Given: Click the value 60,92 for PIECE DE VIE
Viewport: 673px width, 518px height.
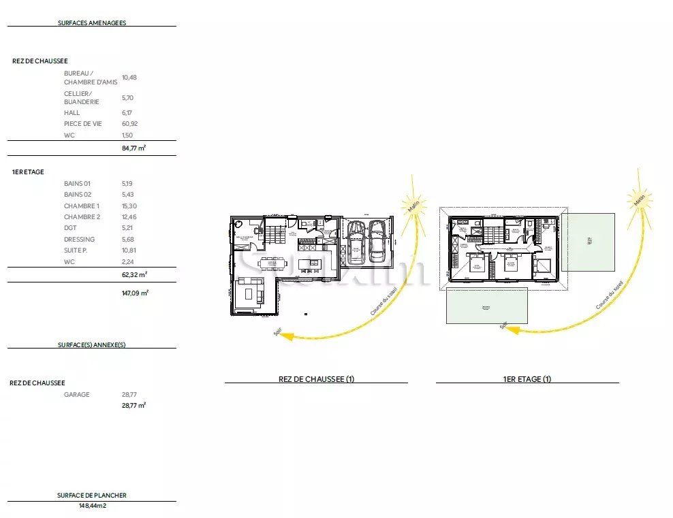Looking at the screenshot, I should click(x=129, y=124).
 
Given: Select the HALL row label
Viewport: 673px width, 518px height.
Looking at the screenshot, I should click(x=72, y=113).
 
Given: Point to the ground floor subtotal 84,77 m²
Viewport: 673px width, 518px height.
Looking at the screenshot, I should click(x=134, y=148).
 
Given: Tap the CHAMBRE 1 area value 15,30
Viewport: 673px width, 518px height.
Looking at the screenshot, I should click(x=129, y=206).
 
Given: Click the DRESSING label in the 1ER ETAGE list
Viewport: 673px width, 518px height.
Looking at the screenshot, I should click(x=79, y=239).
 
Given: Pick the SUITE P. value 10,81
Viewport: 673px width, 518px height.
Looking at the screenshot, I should click(x=129, y=250).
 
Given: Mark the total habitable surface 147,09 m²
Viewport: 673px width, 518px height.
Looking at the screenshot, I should click(x=134, y=293).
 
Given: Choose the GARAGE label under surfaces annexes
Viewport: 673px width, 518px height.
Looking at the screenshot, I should click(x=76, y=394).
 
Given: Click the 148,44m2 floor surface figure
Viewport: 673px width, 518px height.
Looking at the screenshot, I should click(x=92, y=506).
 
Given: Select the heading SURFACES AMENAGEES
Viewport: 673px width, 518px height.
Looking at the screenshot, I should click(x=92, y=22).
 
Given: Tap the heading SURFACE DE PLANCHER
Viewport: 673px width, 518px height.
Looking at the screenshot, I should click(x=92, y=496).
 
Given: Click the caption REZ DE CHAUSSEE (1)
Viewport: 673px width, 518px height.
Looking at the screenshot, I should click(x=316, y=379).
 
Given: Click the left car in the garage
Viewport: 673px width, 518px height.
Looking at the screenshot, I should click(x=356, y=242).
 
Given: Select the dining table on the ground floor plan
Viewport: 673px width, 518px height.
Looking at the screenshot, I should click(x=272, y=262).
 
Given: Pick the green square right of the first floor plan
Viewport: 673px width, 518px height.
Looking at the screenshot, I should click(x=588, y=241).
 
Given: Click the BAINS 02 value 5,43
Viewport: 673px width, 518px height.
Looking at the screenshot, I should click(x=128, y=195).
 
